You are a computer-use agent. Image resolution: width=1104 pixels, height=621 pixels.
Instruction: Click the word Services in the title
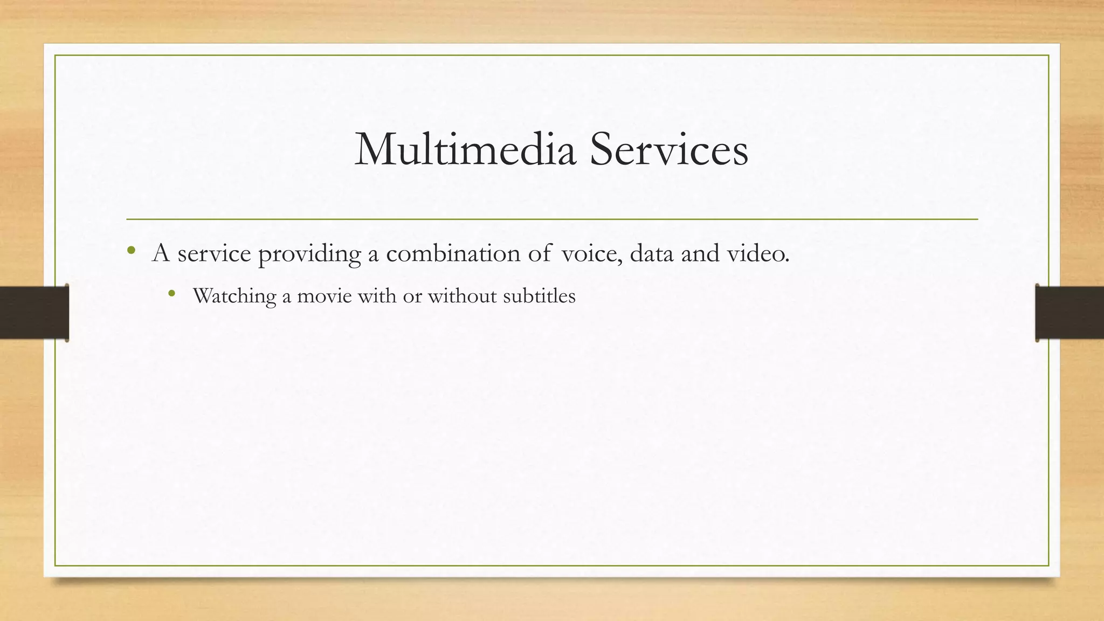(668, 149)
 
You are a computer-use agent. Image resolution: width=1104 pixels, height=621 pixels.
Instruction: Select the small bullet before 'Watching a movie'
(172, 293)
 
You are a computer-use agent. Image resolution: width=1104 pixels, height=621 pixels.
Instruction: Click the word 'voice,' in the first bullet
(592, 253)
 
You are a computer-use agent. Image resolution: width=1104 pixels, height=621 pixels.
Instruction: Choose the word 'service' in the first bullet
(214, 253)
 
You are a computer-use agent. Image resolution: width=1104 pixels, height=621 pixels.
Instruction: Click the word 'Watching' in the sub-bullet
(234, 296)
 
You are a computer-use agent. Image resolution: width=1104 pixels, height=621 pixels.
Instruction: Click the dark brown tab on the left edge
(34, 313)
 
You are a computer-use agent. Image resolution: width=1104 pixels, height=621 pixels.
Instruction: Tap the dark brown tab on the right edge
(1069, 313)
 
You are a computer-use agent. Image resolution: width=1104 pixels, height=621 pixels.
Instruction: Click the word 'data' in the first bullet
(651, 253)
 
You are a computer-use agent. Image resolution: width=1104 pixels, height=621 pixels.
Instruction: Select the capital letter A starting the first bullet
(161, 253)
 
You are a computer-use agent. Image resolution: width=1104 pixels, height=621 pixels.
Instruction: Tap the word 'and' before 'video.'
(700, 253)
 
